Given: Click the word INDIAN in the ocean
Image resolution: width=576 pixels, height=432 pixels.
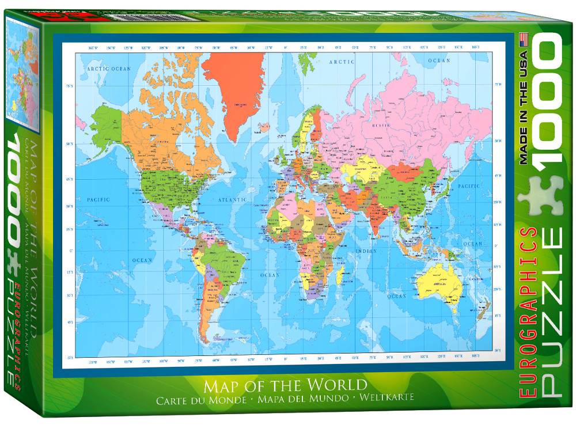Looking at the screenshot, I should click(366, 251).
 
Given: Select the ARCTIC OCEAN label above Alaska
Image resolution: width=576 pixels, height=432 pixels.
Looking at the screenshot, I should click(105, 69).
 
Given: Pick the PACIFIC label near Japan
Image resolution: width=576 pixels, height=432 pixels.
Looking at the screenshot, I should click(469, 186).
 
